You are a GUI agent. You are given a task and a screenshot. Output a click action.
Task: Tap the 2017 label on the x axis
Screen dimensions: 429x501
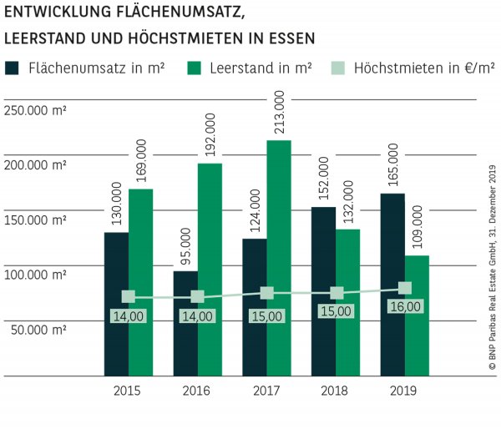click(266, 390)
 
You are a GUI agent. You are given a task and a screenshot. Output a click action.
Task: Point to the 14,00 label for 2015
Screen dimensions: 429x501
click(129, 317)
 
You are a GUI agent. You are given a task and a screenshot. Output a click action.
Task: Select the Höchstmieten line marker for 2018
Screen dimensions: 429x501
click(337, 293)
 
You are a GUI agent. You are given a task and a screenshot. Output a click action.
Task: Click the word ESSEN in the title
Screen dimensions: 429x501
click(291, 38)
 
